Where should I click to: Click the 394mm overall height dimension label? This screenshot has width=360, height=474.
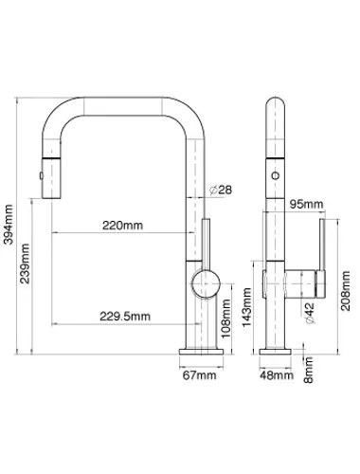pyautogui.click(x=9, y=225)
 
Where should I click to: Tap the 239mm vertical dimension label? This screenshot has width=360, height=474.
pyautogui.click(x=25, y=264)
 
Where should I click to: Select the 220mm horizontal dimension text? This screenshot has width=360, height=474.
pyautogui.click(x=122, y=226)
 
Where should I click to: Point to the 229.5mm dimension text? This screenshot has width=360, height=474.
pyautogui.click(x=125, y=316)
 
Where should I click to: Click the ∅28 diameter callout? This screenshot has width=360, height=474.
pyautogui.click(x=221, y=190)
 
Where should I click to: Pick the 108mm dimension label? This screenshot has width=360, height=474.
pyautogui.click(x=226, y=319)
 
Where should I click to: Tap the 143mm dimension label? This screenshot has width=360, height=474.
pyautogui.click(x=246, y=307)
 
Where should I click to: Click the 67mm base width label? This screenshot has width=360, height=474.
pyautogui.click(x=200, y=375)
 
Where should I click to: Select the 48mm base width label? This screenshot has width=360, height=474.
pyautogui.click(x=277, y=375)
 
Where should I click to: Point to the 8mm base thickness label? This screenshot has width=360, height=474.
pyautogui.click(x=308, y=370)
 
